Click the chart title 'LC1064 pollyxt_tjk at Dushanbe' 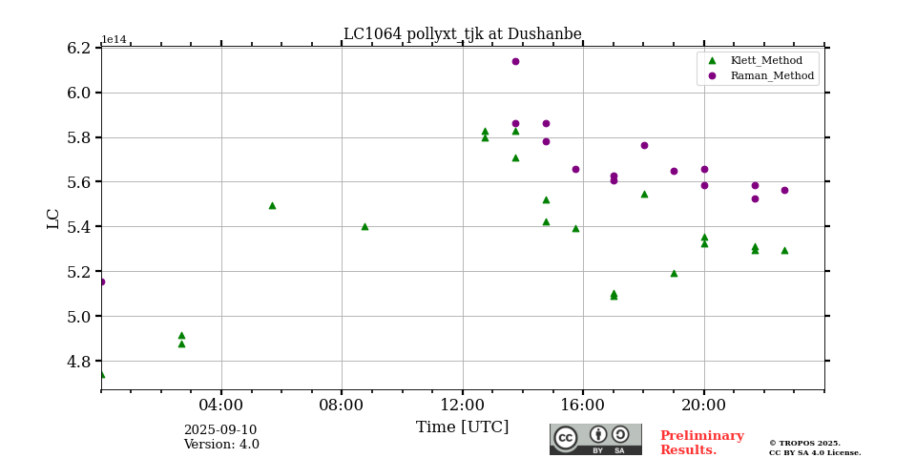pos(462,34)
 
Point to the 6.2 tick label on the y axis pos(79,48)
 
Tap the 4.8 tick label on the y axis pos(79,362)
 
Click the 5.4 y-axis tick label pos(79,227)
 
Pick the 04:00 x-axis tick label pos(221,405)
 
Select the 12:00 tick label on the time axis pos(463,405)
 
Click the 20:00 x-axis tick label pos(704,405)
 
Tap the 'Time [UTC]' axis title pos(462,427)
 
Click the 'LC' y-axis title pos(53,219)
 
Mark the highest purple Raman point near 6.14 pos(515,61)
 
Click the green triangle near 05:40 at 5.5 pos(272,205)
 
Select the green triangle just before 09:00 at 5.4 pos(364,226)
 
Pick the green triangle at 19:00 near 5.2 pos(674,273)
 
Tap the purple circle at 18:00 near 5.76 pos(644,145)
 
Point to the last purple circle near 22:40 pos(784,190)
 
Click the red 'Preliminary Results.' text pos(701,443)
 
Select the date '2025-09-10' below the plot pos(220,430)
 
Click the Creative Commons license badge pos(595,439)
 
